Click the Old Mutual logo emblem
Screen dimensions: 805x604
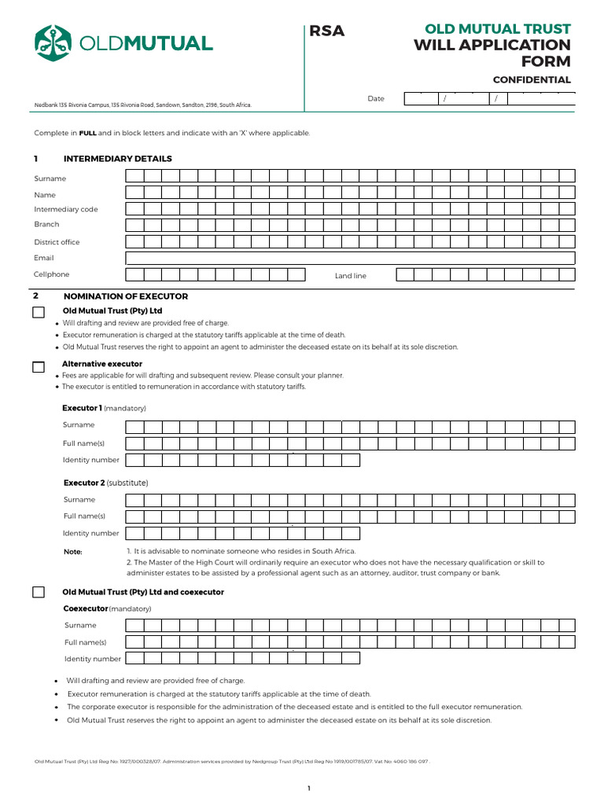pyautogui.click(x=54, y=42)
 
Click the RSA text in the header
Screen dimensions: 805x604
pyautogui.click(x=327, y=31)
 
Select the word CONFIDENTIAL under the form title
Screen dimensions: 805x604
pyautogui.click(x=532, y=80)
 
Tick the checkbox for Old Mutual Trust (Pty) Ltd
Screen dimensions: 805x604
pyautogui.click(x=39, y=313)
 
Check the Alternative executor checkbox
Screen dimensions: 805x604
pyautogui.click(x=39, y=366)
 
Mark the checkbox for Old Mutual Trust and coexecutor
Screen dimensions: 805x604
pyautogui.click(x=39, y=592)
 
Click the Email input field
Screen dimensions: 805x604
pyautogui.click(x=350, y=258)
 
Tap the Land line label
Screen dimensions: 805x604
pyautogui.click(x=350, y=276)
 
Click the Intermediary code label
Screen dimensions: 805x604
pyautogui.click(x=66, y=209)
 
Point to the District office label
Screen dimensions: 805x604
pyautogui.click(x=57, y=242)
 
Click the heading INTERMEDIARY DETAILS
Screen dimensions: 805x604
pyautogui.click(x=117, y=159)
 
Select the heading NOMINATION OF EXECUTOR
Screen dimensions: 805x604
pyautogui.click(x=125, y=296)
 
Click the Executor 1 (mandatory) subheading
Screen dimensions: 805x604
pyautogui.click(x=104, y=408)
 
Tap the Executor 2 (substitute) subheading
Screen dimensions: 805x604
pyautogui.click(x=105, y=482)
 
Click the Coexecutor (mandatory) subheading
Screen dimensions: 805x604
pyautogui.click(x=107, y=608)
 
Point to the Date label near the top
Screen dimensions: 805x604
pyautogui.click(x=376, y=99)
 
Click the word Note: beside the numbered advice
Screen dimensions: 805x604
pyautogui.click(x=72, y=552)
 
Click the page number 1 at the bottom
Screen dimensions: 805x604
pyautogui.click(x=309, y=788)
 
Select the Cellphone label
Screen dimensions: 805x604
pyautogui.click(x=51, y=274)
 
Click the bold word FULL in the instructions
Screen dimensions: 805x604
pyautogui.click(x=87, y=133)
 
